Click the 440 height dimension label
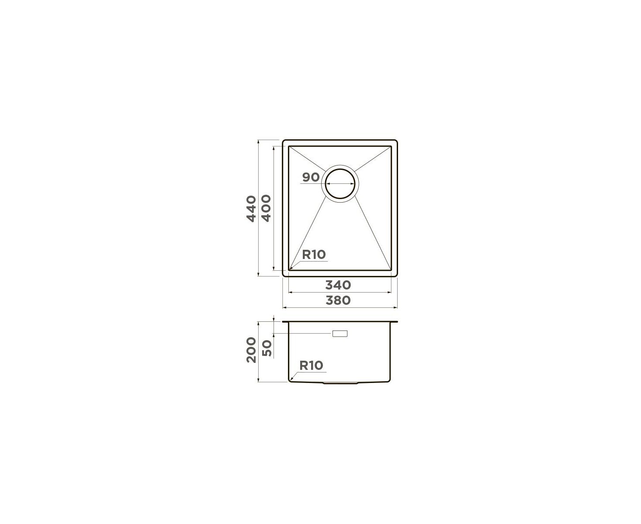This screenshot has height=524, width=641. pyautogui.click(x=251, y=209)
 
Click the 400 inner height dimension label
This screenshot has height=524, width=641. pyautogui.click(x=266, y=208)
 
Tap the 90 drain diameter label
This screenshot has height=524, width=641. pyautogui.click(x=311, y=177)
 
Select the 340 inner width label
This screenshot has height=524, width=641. pyautogui.click(x=338, y=285)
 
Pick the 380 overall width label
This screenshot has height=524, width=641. pyautogui.click(x=338, y=300)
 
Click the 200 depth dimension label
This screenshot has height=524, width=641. pyautogui.click(x=251, y=350)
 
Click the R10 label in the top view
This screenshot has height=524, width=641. pyautogui.click(x=314, y=255)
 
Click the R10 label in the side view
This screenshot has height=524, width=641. pyautogui.click(x=311, y=365)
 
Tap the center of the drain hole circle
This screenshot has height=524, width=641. pyautogui.click(x=340, y=184)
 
